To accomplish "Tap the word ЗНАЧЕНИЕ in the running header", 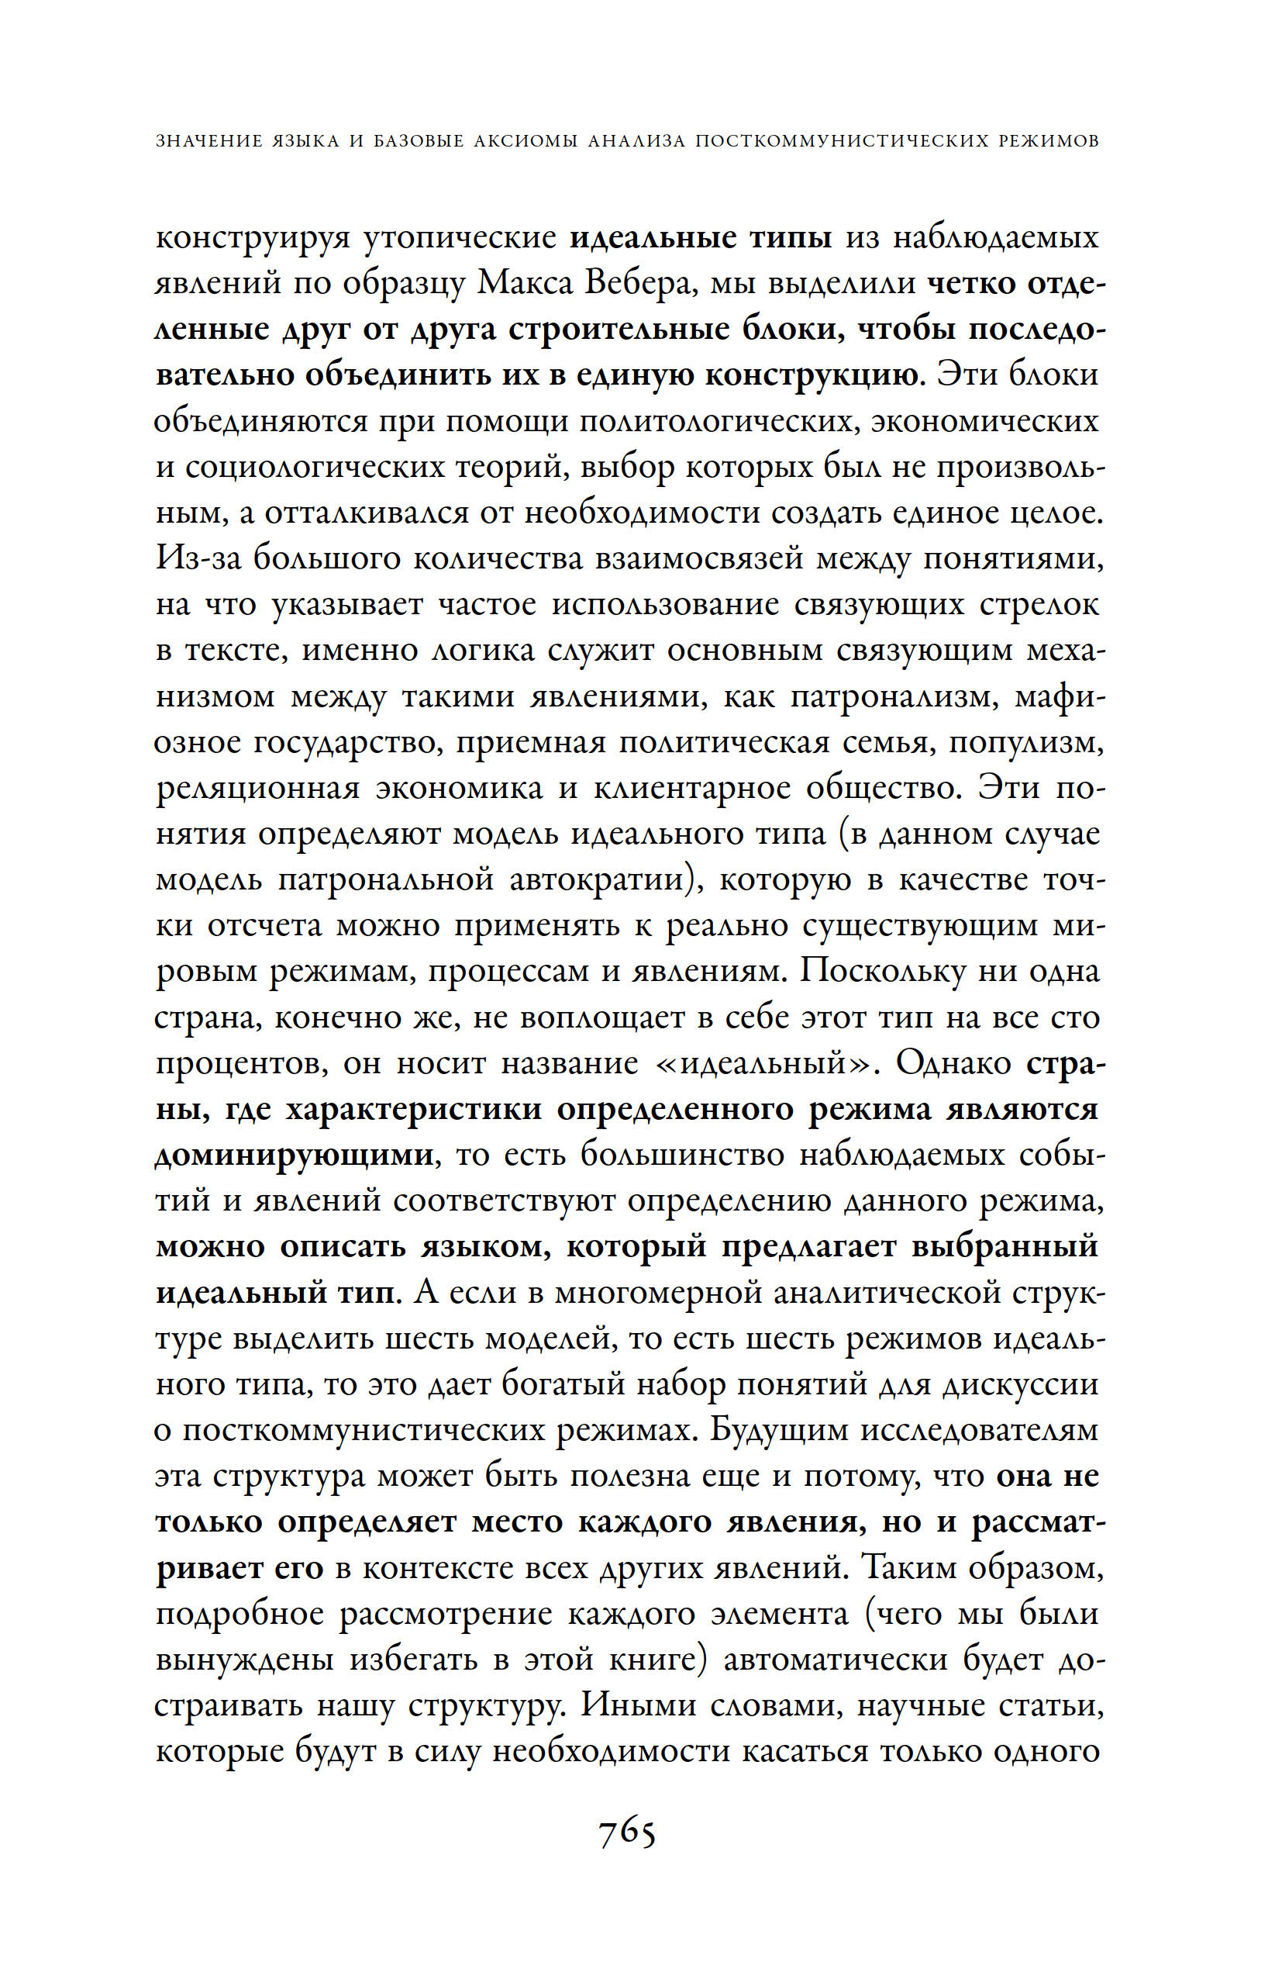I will coord(206,140).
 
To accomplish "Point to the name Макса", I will coord(526,284).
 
